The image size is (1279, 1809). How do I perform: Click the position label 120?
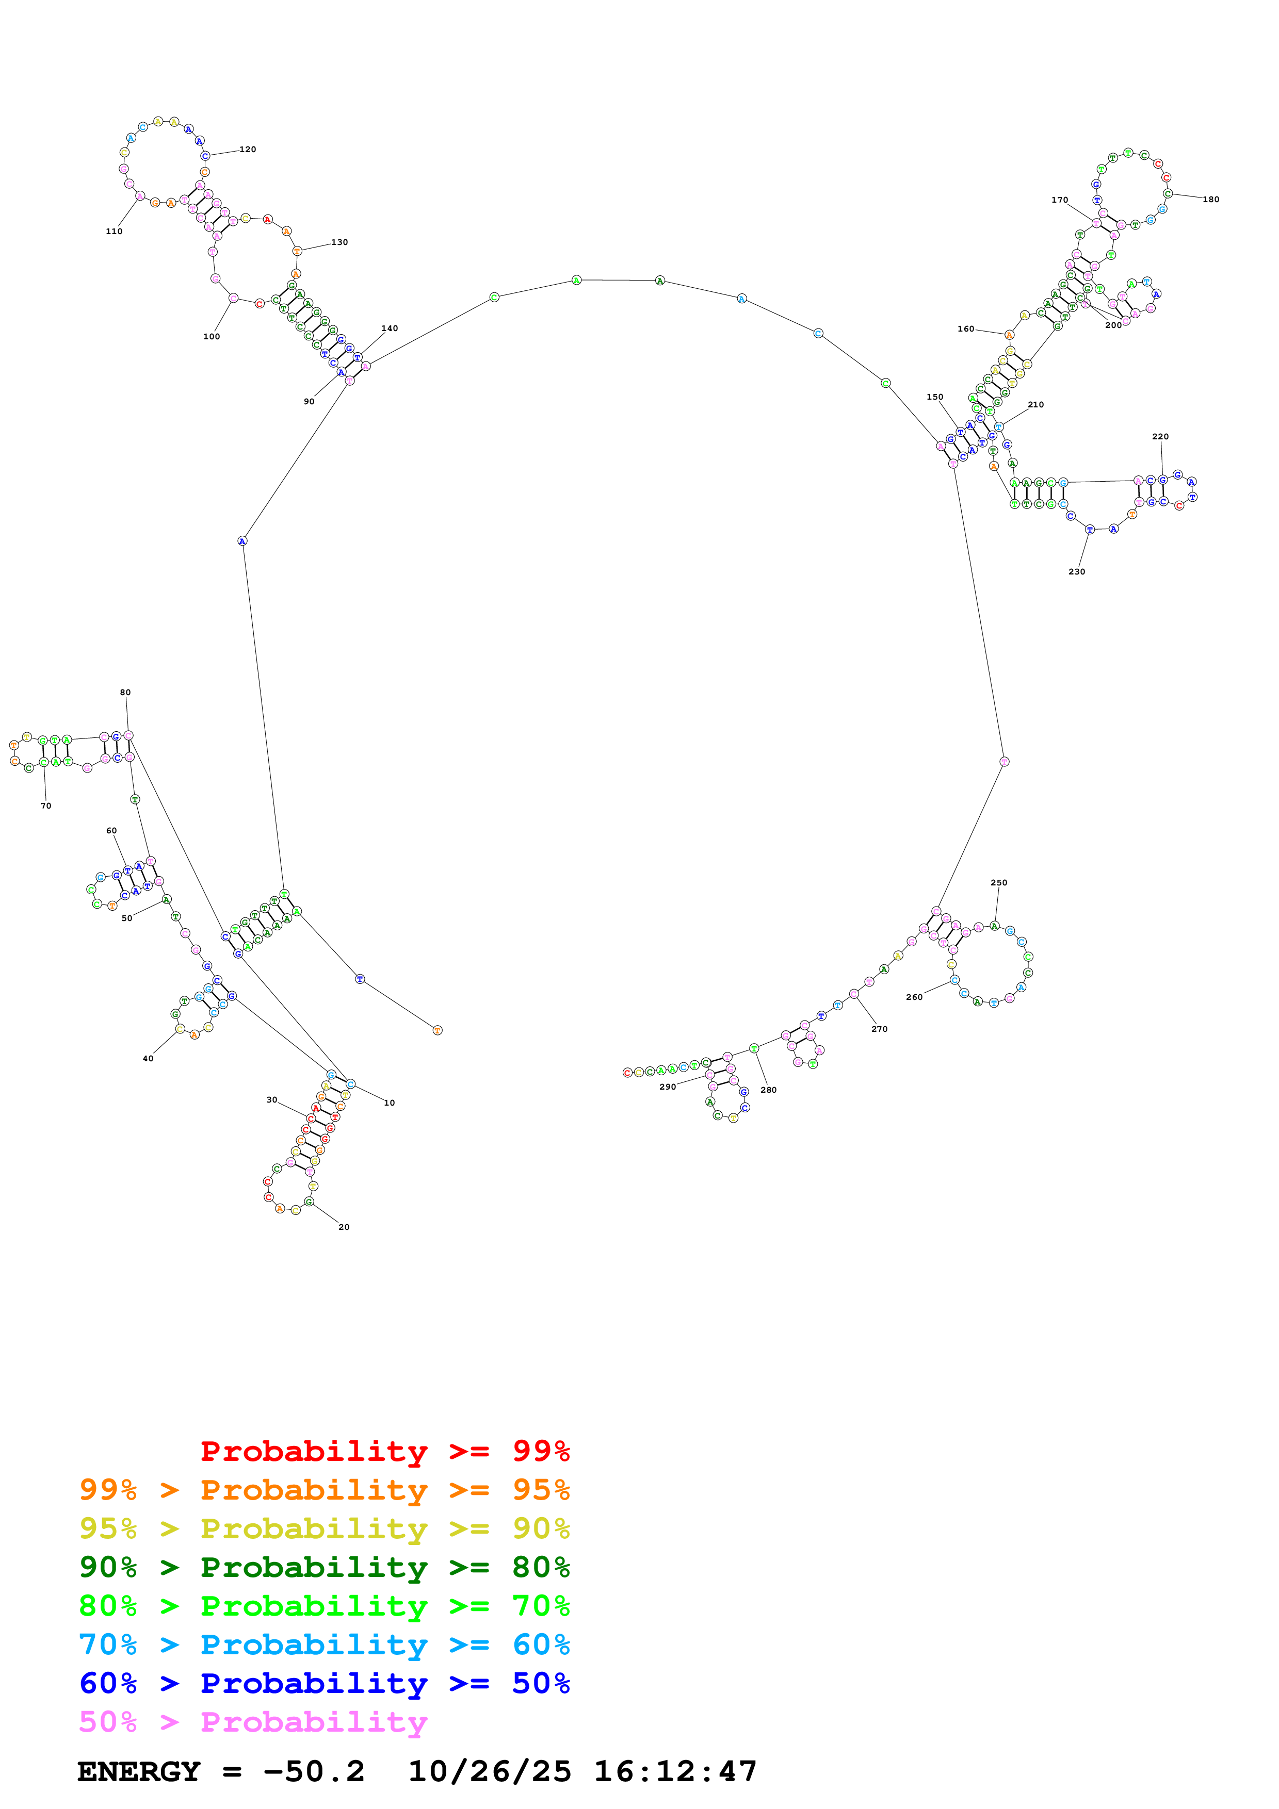[x=248, y=150]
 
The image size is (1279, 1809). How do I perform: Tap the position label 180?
[x=1210, y=200]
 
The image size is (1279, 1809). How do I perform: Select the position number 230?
[x=1076, y=572]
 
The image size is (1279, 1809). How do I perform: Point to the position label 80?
[x=125, y=693]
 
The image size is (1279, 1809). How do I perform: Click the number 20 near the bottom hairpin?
[x=344, y=1227]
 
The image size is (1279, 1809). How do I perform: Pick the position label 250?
[x=998, y=882]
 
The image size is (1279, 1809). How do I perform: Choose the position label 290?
[x=668, y=1087]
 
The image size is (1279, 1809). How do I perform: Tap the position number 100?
[x=211, y=336]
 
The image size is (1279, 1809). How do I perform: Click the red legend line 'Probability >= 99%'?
[x=384, y=1451]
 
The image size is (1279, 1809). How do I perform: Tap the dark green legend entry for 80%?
[x=324, y=1567]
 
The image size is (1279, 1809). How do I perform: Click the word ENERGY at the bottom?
[x=139, y=1771]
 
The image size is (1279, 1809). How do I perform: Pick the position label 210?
[x=1035, y=405]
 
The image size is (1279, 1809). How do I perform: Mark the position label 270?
[x=880, y=1029]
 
